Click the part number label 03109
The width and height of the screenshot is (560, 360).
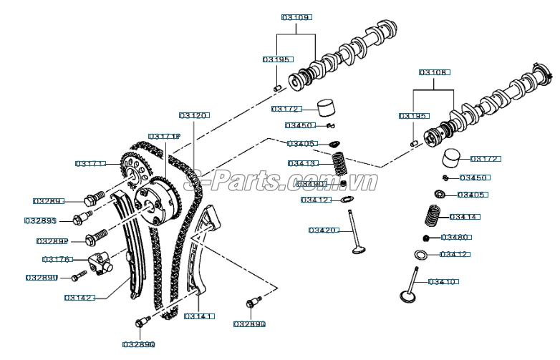pyautogui.click(x=296, y=16)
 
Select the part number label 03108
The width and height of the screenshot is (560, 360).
pyautogui.click(x=434, y=73)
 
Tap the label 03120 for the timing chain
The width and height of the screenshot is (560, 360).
pyautogui.click(x=193, y=115)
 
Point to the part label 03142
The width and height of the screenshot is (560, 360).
pyautogui.click(x=79, y=297)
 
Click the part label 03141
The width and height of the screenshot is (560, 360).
pyautogui.click(x=199, y=316)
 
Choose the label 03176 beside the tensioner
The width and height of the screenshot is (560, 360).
pyautogui.click(x=57, y=259)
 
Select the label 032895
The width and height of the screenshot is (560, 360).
pyautogui.click(x=40, y=220)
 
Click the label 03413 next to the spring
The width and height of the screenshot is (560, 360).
pyautogui.click(x=303, y=163)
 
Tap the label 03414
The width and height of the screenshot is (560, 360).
pyautogui.click(x=464, y=216)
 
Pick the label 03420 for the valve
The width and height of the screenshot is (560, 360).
pyautogui.click(x=324, y=230)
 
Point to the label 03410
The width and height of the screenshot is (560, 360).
pyautogui.click(x=443, y=282)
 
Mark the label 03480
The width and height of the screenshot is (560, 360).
pyautogui.click(x=455, y=237)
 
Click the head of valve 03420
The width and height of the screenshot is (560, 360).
pyautogui.click(x=359, y=249)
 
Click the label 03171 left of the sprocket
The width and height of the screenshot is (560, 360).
pyautogui.click(x=90, y=164)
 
